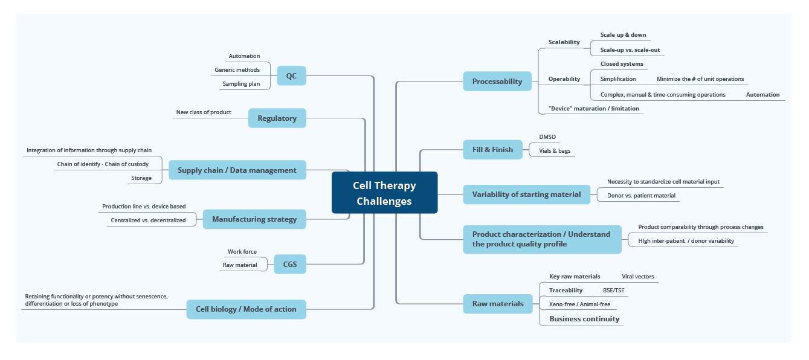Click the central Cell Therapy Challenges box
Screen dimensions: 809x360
click(384, 193)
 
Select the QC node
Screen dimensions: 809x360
click(291, 76)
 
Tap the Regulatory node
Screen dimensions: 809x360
click(277, 118)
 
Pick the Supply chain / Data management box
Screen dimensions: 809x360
click(237, 170)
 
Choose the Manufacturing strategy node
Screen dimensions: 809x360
click(254, 219)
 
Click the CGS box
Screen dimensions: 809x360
click(290, 265)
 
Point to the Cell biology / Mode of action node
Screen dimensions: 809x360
click(247, 309)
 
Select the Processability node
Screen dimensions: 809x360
click(497, 82)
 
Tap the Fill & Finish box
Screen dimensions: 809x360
click(492, 149)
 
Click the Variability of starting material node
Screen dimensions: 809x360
click(527, 194)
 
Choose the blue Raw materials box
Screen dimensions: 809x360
click(498, 304)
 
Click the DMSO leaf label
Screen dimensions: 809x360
click(547, 137)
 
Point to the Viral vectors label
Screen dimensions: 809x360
click(638, 276)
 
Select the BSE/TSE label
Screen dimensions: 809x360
click(614, 291)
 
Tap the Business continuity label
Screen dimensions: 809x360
click(584, 318)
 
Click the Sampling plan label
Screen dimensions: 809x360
click(241, 84)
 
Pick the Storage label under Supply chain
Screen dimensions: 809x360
click(141, 178)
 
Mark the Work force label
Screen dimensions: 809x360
click(242, 252)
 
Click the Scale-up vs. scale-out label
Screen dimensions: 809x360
click(630, 50)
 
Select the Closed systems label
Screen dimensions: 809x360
click(622, 64)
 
